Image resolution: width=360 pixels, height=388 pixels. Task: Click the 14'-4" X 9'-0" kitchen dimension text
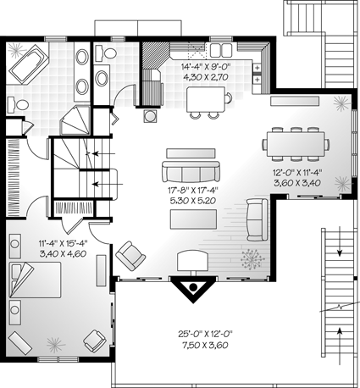pyautogui.click(x=206, y=67)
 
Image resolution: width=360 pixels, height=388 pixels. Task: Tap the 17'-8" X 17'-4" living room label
pyautogui.click(x=193, y=191)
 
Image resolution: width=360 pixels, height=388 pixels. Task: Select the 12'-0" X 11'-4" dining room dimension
pyautogui.click(x=297, y=172)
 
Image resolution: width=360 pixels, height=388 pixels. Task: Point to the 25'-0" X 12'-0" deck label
pyautogui.click(x=205, y=335)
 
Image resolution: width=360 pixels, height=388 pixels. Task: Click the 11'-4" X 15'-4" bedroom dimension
pyautogui.click(x=63, y=243)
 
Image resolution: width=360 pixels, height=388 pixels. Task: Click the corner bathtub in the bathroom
pyautogui.click(x=30, y=64)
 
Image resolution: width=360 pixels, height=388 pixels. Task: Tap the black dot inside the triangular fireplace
pyautogui.click(x=193, y=287)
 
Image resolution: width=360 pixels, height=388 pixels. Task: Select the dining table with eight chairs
pyautogui.click(x=296, y=145)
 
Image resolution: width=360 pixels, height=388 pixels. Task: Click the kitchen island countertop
pyautogui.click(x=206, y=99)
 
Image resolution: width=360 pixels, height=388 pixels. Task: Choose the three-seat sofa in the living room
pyautogui.click(x=191, y=171)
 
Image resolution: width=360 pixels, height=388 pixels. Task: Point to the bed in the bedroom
pyautogui.click(x=36, y=280)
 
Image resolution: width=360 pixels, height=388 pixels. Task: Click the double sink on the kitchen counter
pyautogui.click(x=221, y=50)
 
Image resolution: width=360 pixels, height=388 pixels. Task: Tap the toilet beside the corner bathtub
pyautogui.click(x=18, y=104)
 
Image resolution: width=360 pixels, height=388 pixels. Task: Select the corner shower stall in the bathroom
pyautogui.click(x=75, y=120)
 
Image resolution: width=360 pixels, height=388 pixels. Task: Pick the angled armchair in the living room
pyautogui.click(x=130, y=256)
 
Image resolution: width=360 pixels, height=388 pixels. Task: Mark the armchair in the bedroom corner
pyautogui.click(x=95, y=341)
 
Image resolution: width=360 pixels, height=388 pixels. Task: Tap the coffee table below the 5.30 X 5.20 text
pyautogui.click(x=193, y=219)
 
